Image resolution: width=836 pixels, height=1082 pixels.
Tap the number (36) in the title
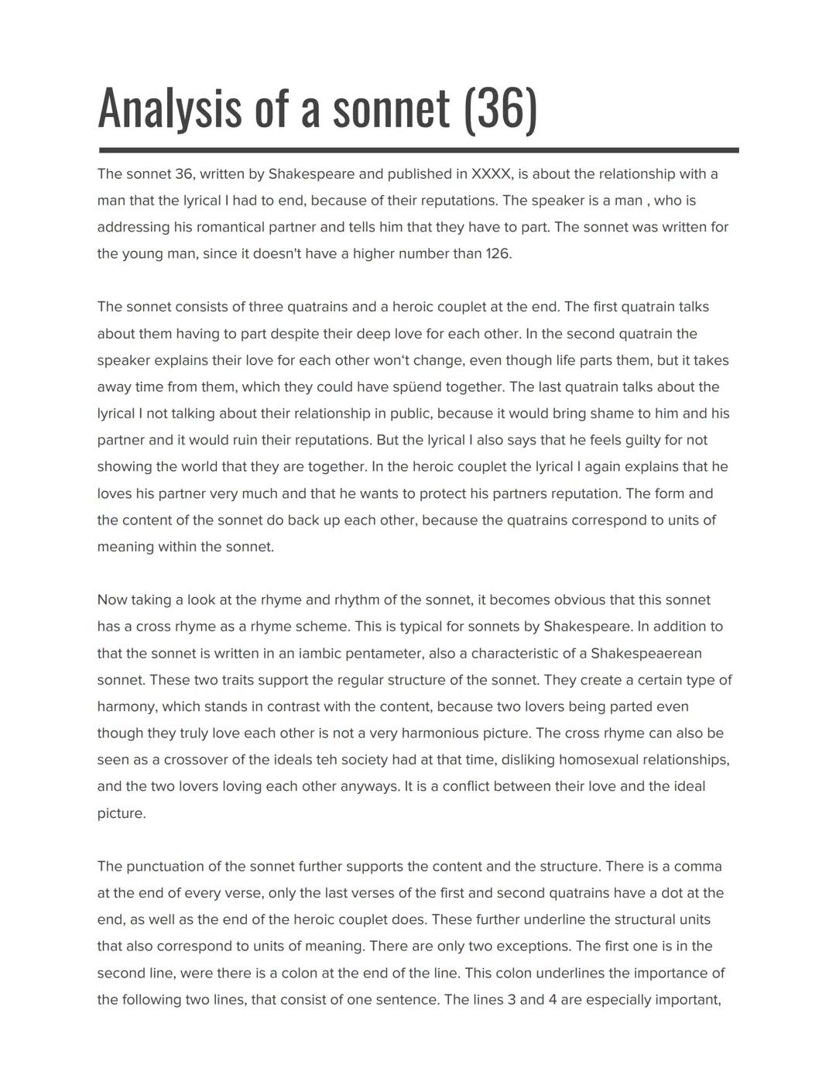[500, 108]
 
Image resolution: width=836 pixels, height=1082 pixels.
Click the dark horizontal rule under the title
[419, 150]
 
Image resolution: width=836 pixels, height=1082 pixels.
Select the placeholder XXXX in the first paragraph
[491, 174]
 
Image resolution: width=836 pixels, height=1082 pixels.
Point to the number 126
[498, 254]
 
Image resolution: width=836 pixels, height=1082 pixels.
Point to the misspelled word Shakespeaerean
[646, 654]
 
